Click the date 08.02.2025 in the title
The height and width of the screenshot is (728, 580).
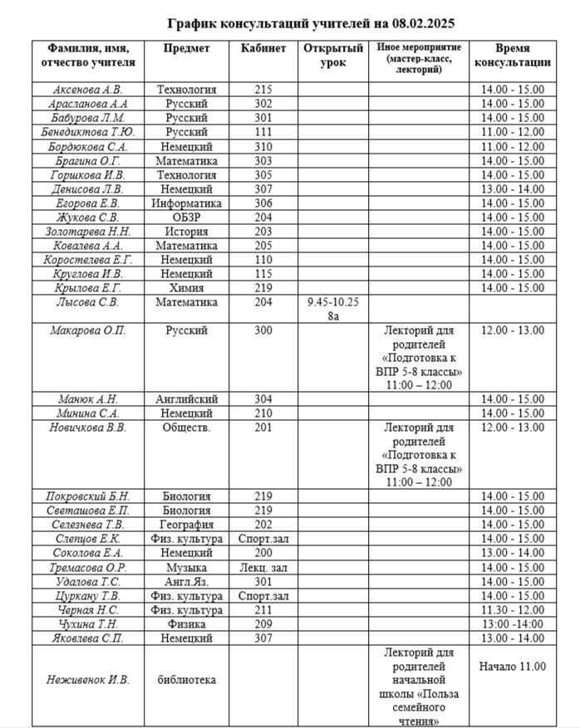click(413, 23)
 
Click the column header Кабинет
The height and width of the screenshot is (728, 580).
click(263, 48)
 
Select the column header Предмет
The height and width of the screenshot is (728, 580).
click(186, 48)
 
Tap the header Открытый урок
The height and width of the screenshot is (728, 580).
click(333, 55)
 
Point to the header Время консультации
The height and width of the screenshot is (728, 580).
click(513, 55)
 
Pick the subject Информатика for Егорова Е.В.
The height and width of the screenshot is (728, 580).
click(186, 203)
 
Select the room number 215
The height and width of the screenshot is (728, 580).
click(263, 90)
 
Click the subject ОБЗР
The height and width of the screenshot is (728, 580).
click(186, 217)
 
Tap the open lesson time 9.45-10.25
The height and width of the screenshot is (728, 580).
click(333, 303)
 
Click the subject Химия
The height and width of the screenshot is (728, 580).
click(186, 288)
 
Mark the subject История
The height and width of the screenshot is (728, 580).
click(186, 232)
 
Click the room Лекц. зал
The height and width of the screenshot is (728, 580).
click(263, 568)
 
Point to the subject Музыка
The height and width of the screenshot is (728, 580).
click(186, 568)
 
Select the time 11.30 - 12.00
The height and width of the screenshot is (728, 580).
click(513, 610)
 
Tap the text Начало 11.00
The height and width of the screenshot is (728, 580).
click(513, 666)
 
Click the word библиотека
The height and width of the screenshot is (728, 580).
click(186, 680)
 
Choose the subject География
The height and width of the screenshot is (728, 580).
click(186, 525)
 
